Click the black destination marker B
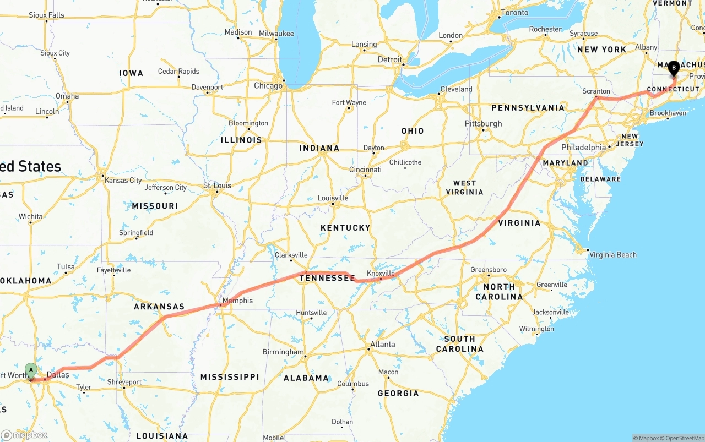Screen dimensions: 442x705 tap(674, 68)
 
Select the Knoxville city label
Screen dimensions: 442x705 tap(381, 273)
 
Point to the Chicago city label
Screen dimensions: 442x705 tap(268, 86)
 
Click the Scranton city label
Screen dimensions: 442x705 tap(596, 91)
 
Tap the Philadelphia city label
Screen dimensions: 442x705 tap(583, 148)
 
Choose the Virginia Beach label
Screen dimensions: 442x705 tap(612, 255)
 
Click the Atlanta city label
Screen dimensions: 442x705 tap(382, 345)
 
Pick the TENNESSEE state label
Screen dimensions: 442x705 tap(327, 278)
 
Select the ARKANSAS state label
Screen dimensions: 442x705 tap(159, 307)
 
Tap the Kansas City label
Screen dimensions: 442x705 tap(123, 181)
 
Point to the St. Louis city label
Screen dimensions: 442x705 tap(217, 185)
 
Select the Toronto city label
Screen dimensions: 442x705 tap(514, 13)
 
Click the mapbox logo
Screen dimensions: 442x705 tap(24, 435)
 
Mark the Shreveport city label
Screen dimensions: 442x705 tap(124, 382)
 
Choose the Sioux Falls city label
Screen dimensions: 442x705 tap(46, 15)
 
